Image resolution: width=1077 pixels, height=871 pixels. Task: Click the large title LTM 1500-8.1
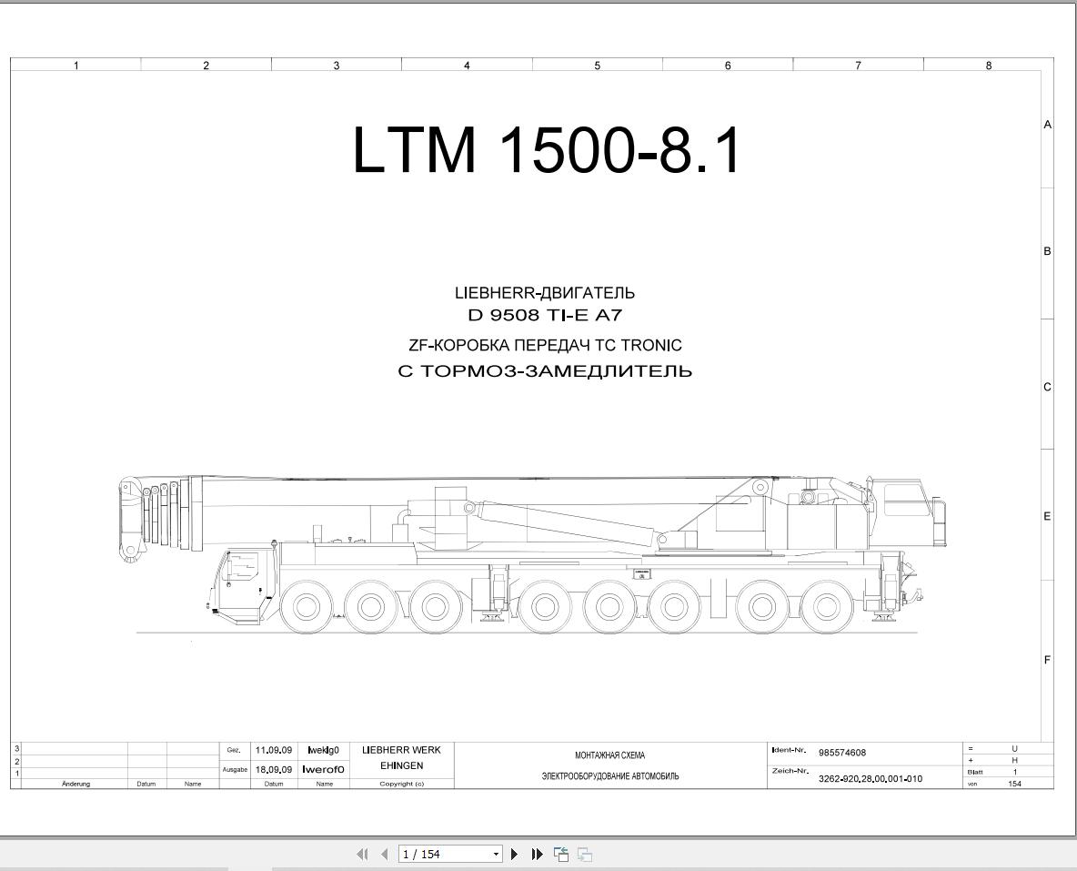pos(547,150)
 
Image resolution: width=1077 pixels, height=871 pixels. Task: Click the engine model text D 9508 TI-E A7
pos(545,316)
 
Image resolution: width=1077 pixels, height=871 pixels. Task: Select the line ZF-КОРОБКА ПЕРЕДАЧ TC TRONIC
pos(545,345)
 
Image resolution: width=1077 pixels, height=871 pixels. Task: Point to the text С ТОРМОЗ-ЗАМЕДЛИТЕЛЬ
pos(545,371)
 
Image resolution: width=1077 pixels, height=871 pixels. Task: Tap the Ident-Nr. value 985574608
pos(842,753)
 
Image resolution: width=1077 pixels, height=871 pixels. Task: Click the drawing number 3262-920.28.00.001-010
pos(871,779)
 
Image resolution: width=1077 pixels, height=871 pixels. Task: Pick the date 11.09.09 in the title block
pos(274,750)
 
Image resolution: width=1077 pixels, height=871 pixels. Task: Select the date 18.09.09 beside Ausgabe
pos(274,770)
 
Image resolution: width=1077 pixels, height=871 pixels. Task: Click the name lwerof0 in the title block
pos(323,770)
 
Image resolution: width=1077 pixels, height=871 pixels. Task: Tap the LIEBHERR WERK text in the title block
pos(401,750)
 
